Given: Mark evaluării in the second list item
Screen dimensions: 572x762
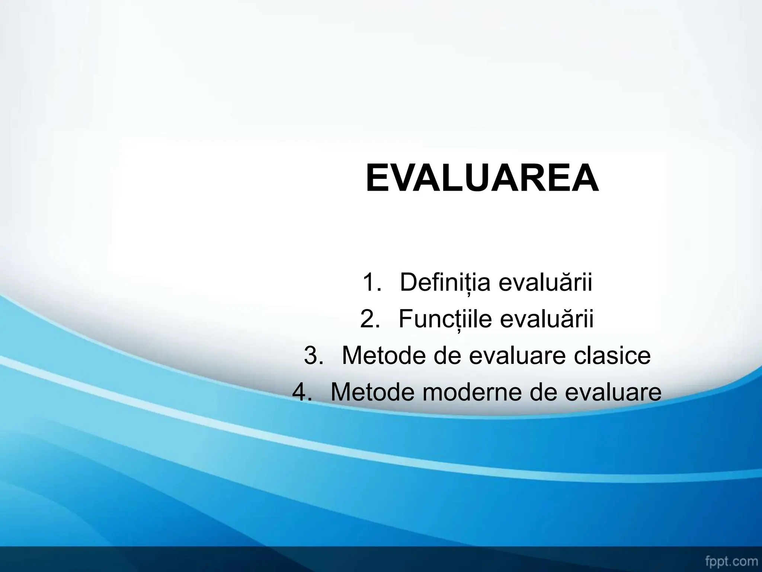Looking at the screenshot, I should click(547, 319).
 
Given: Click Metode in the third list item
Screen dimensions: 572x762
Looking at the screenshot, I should click(385, 355).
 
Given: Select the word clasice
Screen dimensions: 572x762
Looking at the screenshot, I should click(612, 355).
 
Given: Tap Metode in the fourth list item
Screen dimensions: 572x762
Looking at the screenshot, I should click(374, 392).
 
